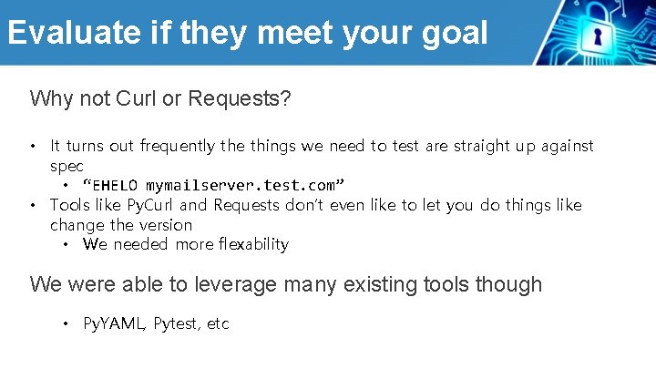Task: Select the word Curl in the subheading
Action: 137,98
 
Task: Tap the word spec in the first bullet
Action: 67,166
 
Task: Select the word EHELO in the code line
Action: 116,186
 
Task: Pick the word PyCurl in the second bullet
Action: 149,205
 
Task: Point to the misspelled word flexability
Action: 244,244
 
